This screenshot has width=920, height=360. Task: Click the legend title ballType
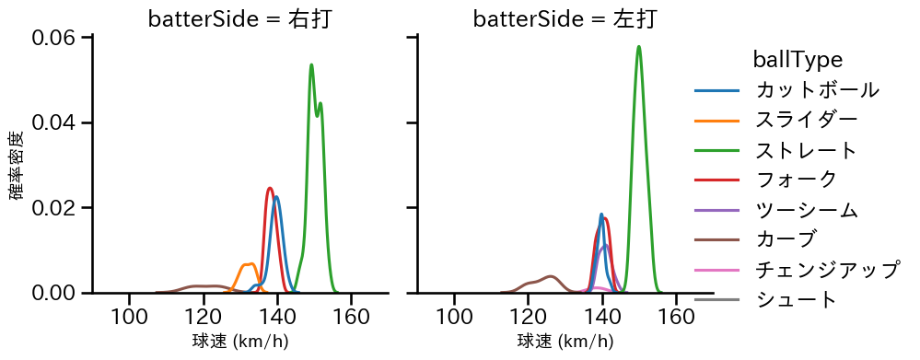798,60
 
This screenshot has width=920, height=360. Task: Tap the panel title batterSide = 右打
239,19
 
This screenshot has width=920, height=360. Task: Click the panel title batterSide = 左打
565,19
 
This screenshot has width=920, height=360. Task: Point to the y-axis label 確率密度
17,166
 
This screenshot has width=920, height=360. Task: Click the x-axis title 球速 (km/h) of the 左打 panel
565,343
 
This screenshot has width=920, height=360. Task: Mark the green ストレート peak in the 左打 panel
638,47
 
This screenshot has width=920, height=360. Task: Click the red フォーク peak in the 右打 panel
270,188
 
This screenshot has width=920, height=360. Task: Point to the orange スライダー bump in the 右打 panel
248,264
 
